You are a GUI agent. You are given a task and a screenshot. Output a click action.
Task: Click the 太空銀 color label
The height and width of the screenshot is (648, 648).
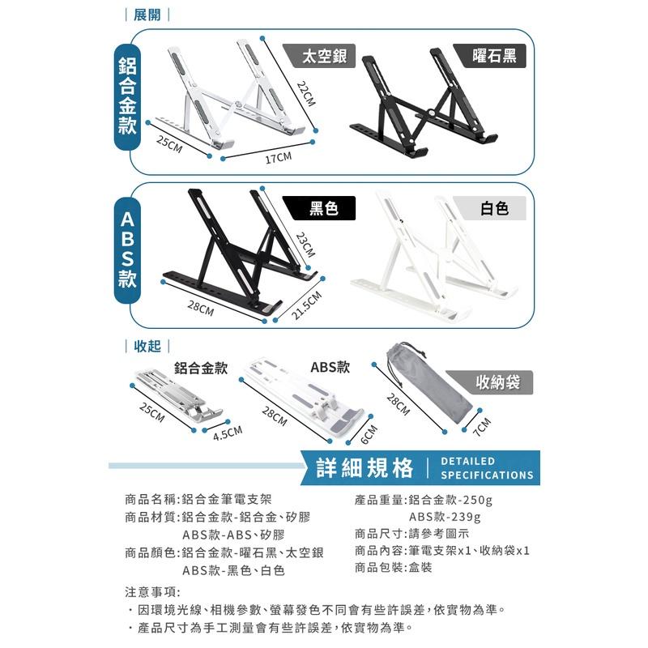pyautogui.click(x=323, y=56)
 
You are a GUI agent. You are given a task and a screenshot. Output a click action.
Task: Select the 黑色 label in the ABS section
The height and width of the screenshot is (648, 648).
pyautogui.click(x=323, y=209)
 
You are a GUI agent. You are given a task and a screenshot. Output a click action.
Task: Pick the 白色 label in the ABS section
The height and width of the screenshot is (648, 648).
pyautogui.click(x=493, y=209)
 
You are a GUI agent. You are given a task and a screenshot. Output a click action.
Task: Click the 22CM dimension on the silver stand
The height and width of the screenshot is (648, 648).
pyautogui.click(x=305, y=96)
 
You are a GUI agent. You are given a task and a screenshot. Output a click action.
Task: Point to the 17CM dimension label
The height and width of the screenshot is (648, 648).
pyautogui.click(x=278, y=157)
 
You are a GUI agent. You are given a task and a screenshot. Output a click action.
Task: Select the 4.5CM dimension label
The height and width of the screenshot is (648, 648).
pyautogui.click(x=228, y=435)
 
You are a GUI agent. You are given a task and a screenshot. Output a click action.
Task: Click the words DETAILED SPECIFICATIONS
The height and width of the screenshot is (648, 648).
pyautogui.click(x=487, y=468)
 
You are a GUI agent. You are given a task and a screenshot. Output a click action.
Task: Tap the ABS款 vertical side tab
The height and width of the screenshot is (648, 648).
pyautogui.click(x=127, y=251)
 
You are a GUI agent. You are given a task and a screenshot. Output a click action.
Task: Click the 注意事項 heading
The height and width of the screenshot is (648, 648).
pyautogui.click(x=153, y=592)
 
